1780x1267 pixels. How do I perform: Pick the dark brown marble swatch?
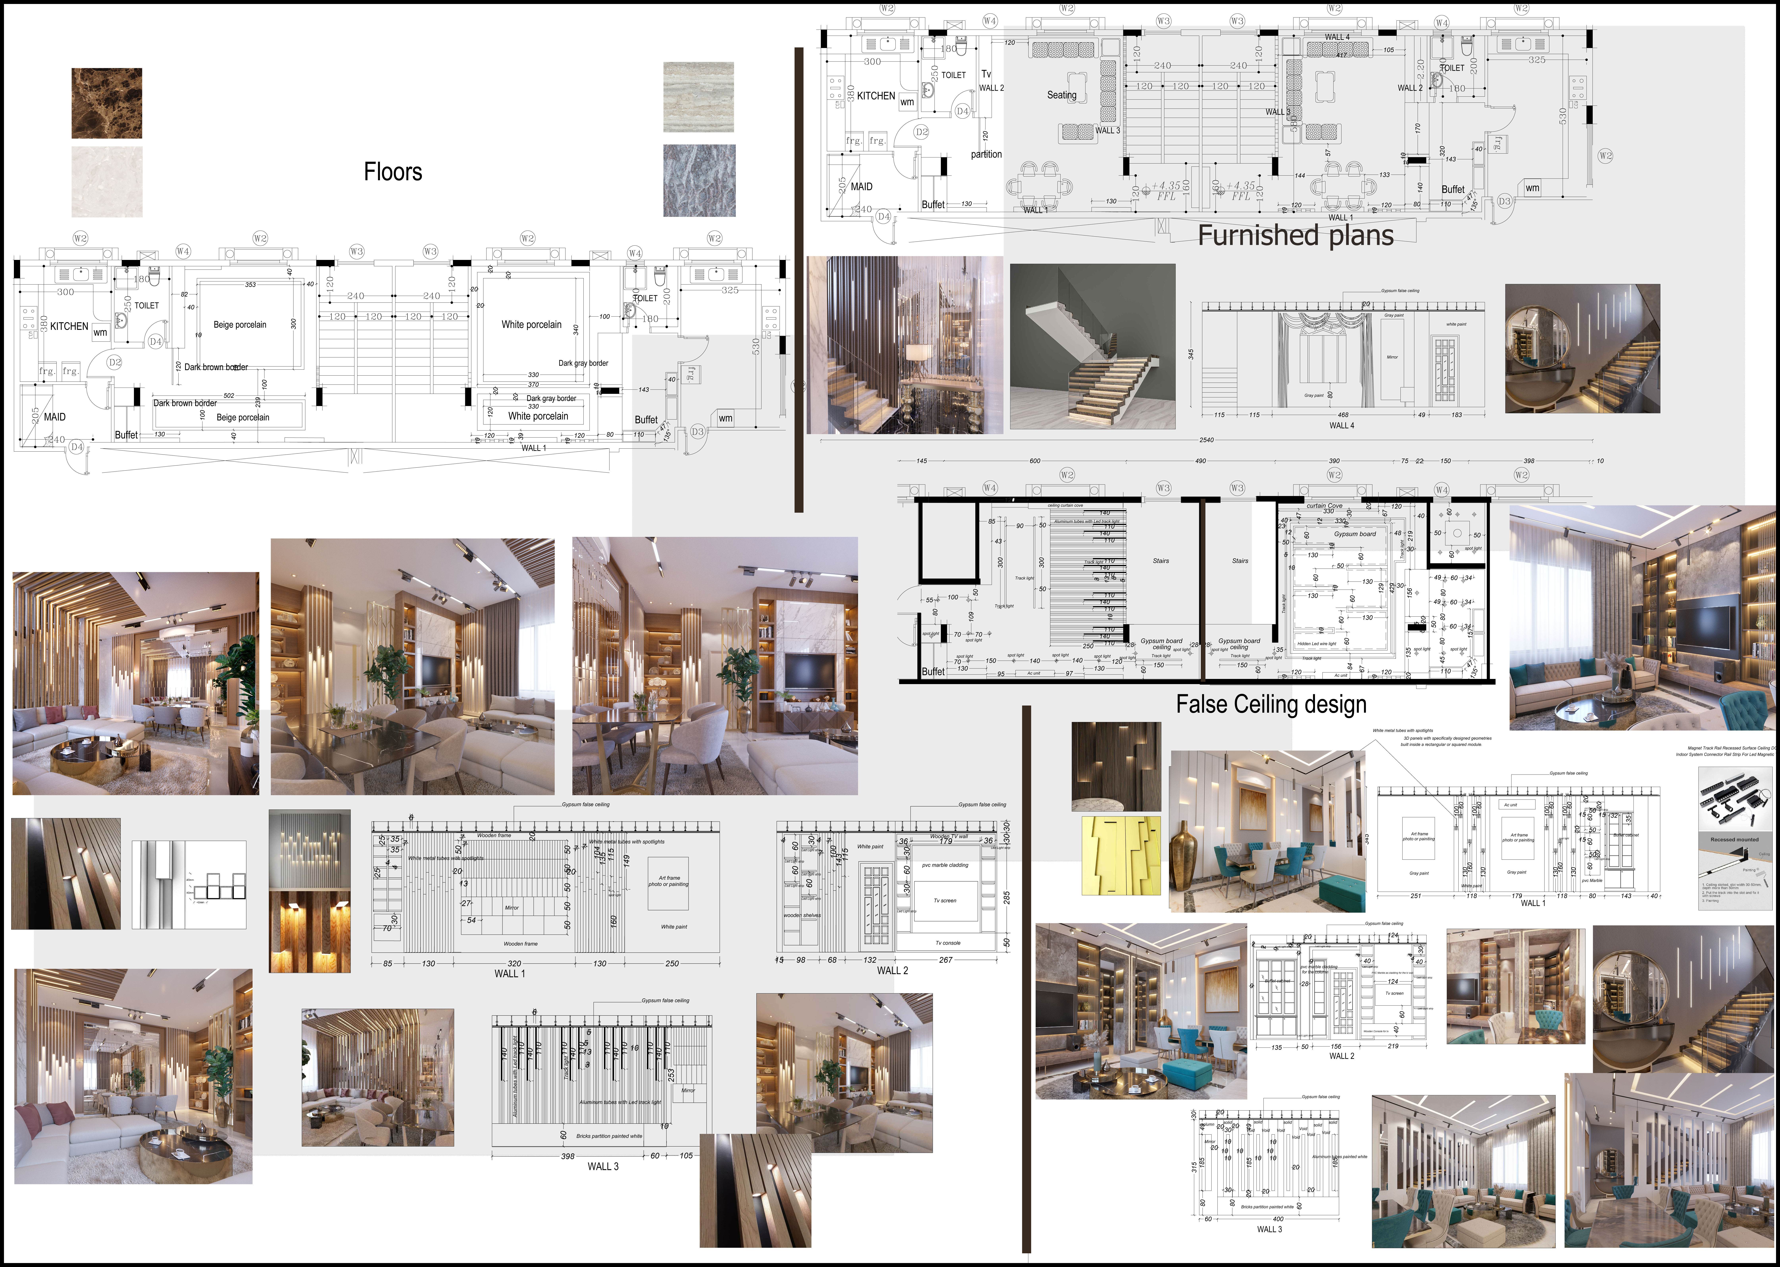tap(107, 103)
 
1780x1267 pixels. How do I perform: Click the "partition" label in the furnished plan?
tap(986, 155)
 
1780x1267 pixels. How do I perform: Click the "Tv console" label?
tap(948, 942)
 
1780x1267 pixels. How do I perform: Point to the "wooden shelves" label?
tap(802, 915)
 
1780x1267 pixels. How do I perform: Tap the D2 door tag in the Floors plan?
tap(115, 362)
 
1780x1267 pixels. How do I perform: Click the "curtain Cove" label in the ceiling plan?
tap(1324, 506)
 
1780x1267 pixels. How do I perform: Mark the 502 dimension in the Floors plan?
tap(229, 396)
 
